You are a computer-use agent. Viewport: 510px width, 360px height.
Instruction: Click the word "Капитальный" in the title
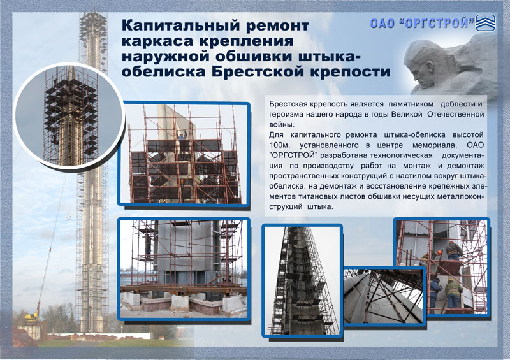(x=182, y=25)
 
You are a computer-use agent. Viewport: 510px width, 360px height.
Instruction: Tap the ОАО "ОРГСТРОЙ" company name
(x=422, y=23)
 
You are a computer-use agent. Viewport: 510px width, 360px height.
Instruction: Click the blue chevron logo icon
(x=485, y=23)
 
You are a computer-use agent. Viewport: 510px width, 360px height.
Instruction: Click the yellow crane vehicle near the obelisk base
(x=32, y=315)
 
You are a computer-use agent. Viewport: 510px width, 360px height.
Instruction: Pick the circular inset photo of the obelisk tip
(x=69, y=116)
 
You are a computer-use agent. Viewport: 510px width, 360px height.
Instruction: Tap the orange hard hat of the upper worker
(x=451, y=243)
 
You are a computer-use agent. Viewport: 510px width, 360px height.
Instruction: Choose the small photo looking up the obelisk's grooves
(x=385, y=295)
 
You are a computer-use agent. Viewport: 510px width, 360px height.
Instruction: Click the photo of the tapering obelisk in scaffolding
(x=302, y=280)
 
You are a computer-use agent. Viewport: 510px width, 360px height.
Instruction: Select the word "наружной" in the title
(x=166, y=56)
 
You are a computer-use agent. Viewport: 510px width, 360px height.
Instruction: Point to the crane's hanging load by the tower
(x=68, y=217)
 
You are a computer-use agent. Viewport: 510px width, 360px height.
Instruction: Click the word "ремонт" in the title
(x=277, y=26)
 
